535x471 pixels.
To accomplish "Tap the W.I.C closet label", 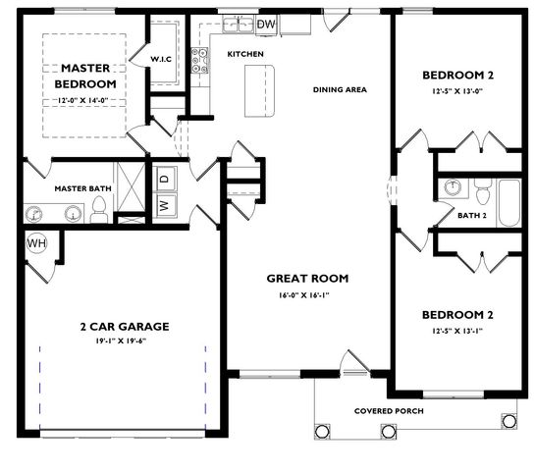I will (x=162, y=60).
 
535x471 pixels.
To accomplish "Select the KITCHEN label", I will (x=244, y=55).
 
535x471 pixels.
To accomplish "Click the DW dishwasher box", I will (x=266, y=24).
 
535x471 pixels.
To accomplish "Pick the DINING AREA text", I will (x=340, y=90).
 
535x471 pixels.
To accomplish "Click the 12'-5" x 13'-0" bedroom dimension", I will (x=457, y=92).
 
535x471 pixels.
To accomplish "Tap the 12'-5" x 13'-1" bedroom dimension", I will (x=457, y=331).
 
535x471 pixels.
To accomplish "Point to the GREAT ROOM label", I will (x=307, y=278).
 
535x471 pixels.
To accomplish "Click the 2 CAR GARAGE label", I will (x=125, y=326).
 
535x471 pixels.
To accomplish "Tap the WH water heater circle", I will (x=38, y=243).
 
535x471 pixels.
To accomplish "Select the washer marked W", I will (x=165, y=205).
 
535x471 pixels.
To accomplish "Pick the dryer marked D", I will (x=165, y=178).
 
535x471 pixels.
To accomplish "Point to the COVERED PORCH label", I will (x=390, y=410).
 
